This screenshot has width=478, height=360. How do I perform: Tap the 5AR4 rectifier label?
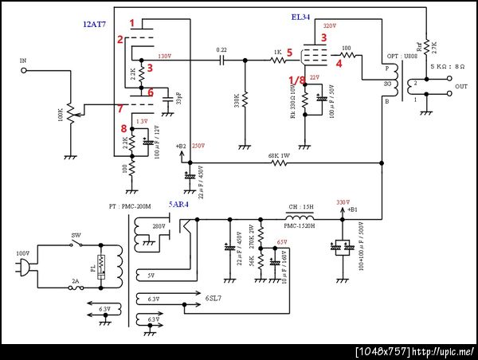(x=179, y=205)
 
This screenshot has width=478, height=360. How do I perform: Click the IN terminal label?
(x=22, y=60)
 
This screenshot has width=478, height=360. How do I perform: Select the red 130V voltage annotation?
(x=165, y=57)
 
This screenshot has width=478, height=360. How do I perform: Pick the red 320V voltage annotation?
(x=330, y=27)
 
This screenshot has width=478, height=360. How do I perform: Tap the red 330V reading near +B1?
(x=343, y=202)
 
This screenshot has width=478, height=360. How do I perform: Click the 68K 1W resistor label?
(x=278, y=155)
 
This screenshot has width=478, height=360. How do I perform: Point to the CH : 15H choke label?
(x=298, y=205)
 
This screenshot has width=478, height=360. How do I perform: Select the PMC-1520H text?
(x=300, y=225)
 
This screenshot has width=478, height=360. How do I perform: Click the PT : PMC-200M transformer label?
(x=131, y=206)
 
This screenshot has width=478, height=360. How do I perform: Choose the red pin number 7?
(x=120, y=108)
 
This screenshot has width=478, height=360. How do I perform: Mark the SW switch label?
(x=76, y=237)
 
